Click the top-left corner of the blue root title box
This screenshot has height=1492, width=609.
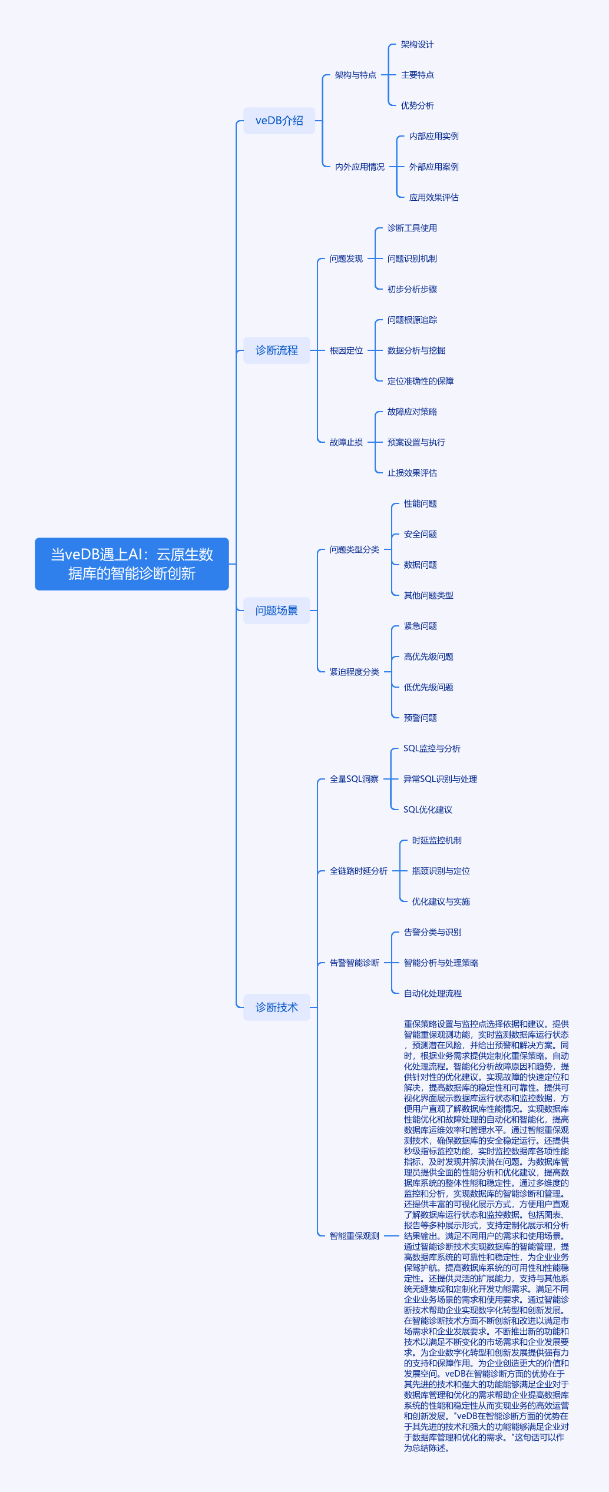click(x=35, y=538)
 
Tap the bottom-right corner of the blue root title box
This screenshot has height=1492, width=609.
click(x=229, y=590)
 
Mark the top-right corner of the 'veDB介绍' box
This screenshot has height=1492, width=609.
click(x=315, y=108)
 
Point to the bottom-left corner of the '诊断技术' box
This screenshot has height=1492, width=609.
click(x=244, y=1020)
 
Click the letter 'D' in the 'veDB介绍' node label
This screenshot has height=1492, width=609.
click(x=272, y=121)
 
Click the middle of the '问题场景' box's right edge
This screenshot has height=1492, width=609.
click(x=310, y=611)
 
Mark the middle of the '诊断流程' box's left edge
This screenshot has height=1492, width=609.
click(x=244, y=350)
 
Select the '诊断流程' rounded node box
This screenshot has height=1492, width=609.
click(x=277, y=350)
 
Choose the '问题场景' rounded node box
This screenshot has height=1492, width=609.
click(x=277, y=611)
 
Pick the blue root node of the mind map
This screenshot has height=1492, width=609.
click(x=132, y=564)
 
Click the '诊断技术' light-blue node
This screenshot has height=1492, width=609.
click(x=277, y=1007)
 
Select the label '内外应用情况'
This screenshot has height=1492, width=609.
click(x=360, y=167)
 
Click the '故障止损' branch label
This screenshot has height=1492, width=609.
click(x=346, y=442)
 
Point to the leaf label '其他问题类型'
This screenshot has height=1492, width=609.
click(x=429, y=595)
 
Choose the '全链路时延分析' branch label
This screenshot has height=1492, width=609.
click(x=359, y=871)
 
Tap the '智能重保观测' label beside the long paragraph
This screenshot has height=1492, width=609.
click(x=355, y=1236)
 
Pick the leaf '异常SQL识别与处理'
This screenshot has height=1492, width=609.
click(x=440, y=779)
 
